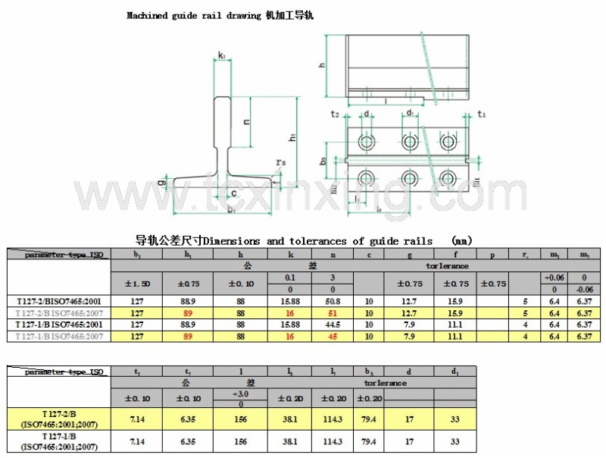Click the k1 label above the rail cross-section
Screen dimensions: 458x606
[x=221, y=55]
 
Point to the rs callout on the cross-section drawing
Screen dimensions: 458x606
[x=281, y=162]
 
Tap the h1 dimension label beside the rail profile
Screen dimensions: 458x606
[x=292, y=137]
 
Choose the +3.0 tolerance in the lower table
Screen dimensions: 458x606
[x=241, y=393]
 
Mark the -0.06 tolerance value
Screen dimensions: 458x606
[x=585, y=290]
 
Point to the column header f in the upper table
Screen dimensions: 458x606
[x=454, y=255]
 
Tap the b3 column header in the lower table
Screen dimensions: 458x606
[x=369, y=372]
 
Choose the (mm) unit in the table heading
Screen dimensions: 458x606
[x=461, y=241]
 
